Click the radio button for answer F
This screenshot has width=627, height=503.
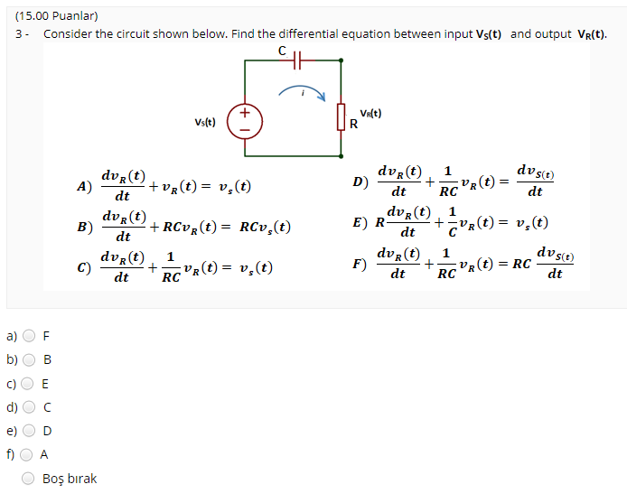point(30,336)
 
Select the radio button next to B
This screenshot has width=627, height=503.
point(30,359)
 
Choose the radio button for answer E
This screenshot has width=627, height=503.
point(30,383)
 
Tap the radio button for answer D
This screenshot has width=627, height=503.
point(30,431)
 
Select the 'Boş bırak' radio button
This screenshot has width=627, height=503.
point(30,479)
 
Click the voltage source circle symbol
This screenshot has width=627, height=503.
point(244,121)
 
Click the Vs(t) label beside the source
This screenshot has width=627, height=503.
point(205,122)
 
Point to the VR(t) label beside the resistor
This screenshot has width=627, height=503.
point(370,114)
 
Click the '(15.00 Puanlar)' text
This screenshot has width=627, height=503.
point(56,15)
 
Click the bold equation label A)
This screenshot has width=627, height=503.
point(85,187)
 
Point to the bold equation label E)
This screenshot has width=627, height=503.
point(360,223)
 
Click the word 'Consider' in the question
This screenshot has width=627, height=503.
point(68,33)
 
